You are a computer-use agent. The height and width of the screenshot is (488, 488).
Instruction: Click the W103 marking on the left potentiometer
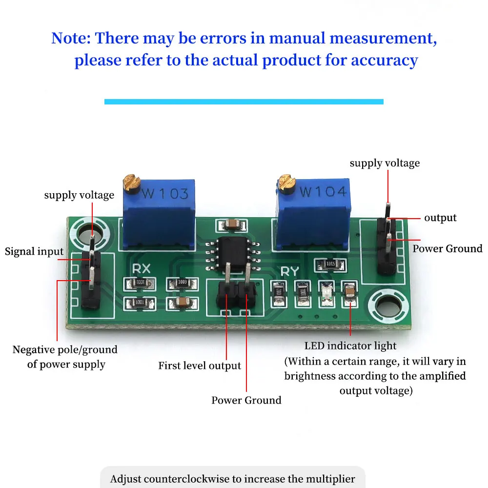click(165, 194)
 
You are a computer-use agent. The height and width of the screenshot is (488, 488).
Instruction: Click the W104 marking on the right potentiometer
click(323, 191)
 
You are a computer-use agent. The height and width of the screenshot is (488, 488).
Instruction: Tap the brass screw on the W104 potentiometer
click(285, 183)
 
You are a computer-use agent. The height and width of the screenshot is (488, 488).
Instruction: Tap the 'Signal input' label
click(34, 252)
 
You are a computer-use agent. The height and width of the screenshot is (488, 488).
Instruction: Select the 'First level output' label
click(200, 366)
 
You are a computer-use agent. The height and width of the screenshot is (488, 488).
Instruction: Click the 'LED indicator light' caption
click(350, 346)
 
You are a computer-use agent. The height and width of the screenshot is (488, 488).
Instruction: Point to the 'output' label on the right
click(440, 218)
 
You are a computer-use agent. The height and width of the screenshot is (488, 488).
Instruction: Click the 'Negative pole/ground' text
click(65, 350)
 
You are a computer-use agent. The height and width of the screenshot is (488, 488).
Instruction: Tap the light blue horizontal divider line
click(244, 102)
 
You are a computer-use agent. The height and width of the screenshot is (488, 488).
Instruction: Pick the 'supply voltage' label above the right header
click(385, 163)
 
